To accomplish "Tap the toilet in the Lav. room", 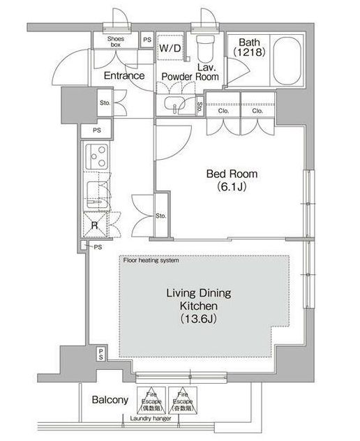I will (204, 49).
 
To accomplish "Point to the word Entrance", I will (124, 75).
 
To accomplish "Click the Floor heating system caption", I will (151, 260).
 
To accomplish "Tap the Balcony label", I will (110, 401).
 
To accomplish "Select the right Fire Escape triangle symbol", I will (182, 399).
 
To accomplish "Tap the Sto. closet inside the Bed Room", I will (161, 216).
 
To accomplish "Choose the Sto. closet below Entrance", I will (104, 103).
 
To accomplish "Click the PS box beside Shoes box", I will (147, 40).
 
